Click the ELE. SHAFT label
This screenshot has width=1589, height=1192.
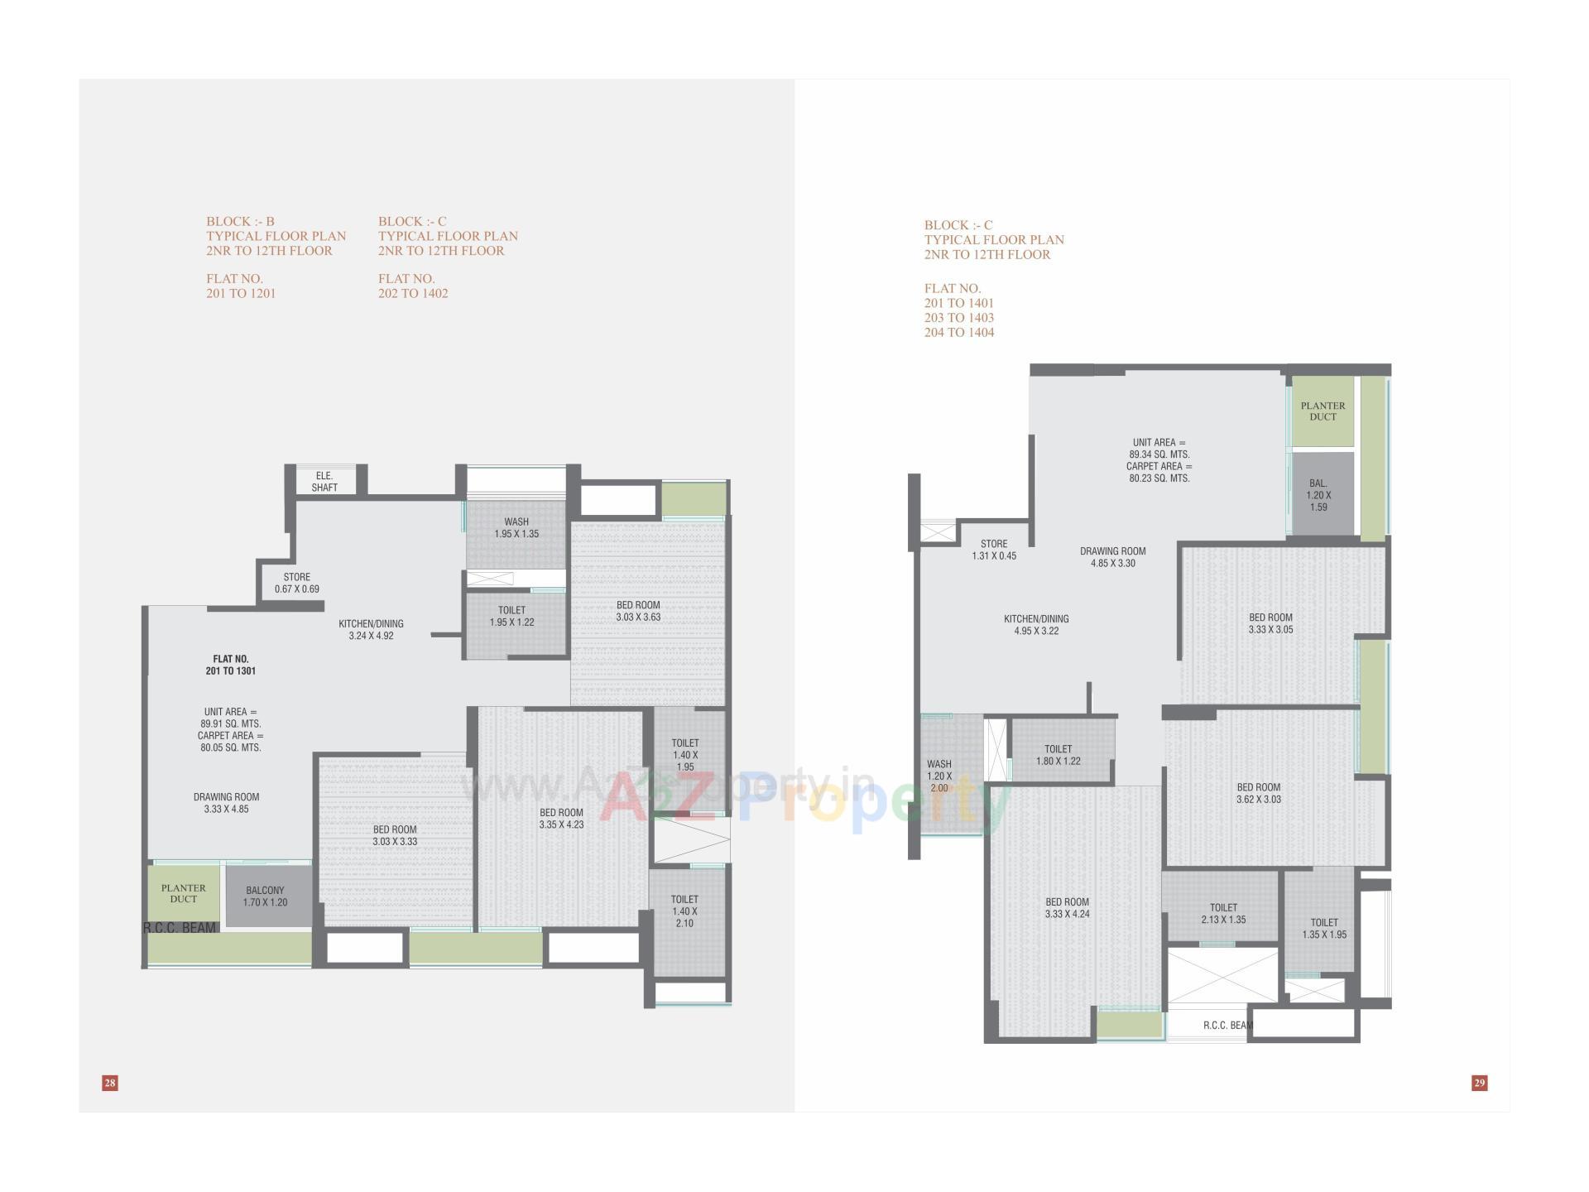pos(324,482)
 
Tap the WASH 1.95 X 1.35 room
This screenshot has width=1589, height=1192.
pos(516,528)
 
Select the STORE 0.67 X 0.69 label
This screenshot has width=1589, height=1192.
pos(296,583)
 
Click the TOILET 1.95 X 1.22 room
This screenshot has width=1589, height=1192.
pos(511,617)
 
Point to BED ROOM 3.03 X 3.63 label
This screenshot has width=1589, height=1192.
pos(638,611)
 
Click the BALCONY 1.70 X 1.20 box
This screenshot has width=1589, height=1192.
pos(266,896)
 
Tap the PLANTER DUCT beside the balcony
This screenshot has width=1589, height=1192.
pos(184,893)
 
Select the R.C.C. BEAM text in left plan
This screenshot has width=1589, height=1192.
pos(180,928)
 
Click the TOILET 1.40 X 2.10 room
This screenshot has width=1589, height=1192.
pos(684,911)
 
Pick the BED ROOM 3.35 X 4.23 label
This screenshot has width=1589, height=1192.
pos(561,819)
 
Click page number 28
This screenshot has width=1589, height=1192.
pos(110,1083)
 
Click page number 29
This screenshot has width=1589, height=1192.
pos(1480,1083)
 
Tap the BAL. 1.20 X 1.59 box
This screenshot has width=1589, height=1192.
pos(1318,495)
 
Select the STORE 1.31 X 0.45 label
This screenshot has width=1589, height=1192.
pos(994,550)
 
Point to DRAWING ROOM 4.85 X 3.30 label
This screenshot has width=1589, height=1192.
pos(1112,557)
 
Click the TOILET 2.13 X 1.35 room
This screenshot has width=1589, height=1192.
pos(1223,914)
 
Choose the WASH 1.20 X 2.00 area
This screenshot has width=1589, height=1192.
pos(939,776)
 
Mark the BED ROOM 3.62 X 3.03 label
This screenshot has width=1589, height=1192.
pos(1258,794)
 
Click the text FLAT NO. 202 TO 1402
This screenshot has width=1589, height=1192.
pos(413,286)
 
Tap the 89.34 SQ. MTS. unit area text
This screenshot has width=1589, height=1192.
pos(1159,454)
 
